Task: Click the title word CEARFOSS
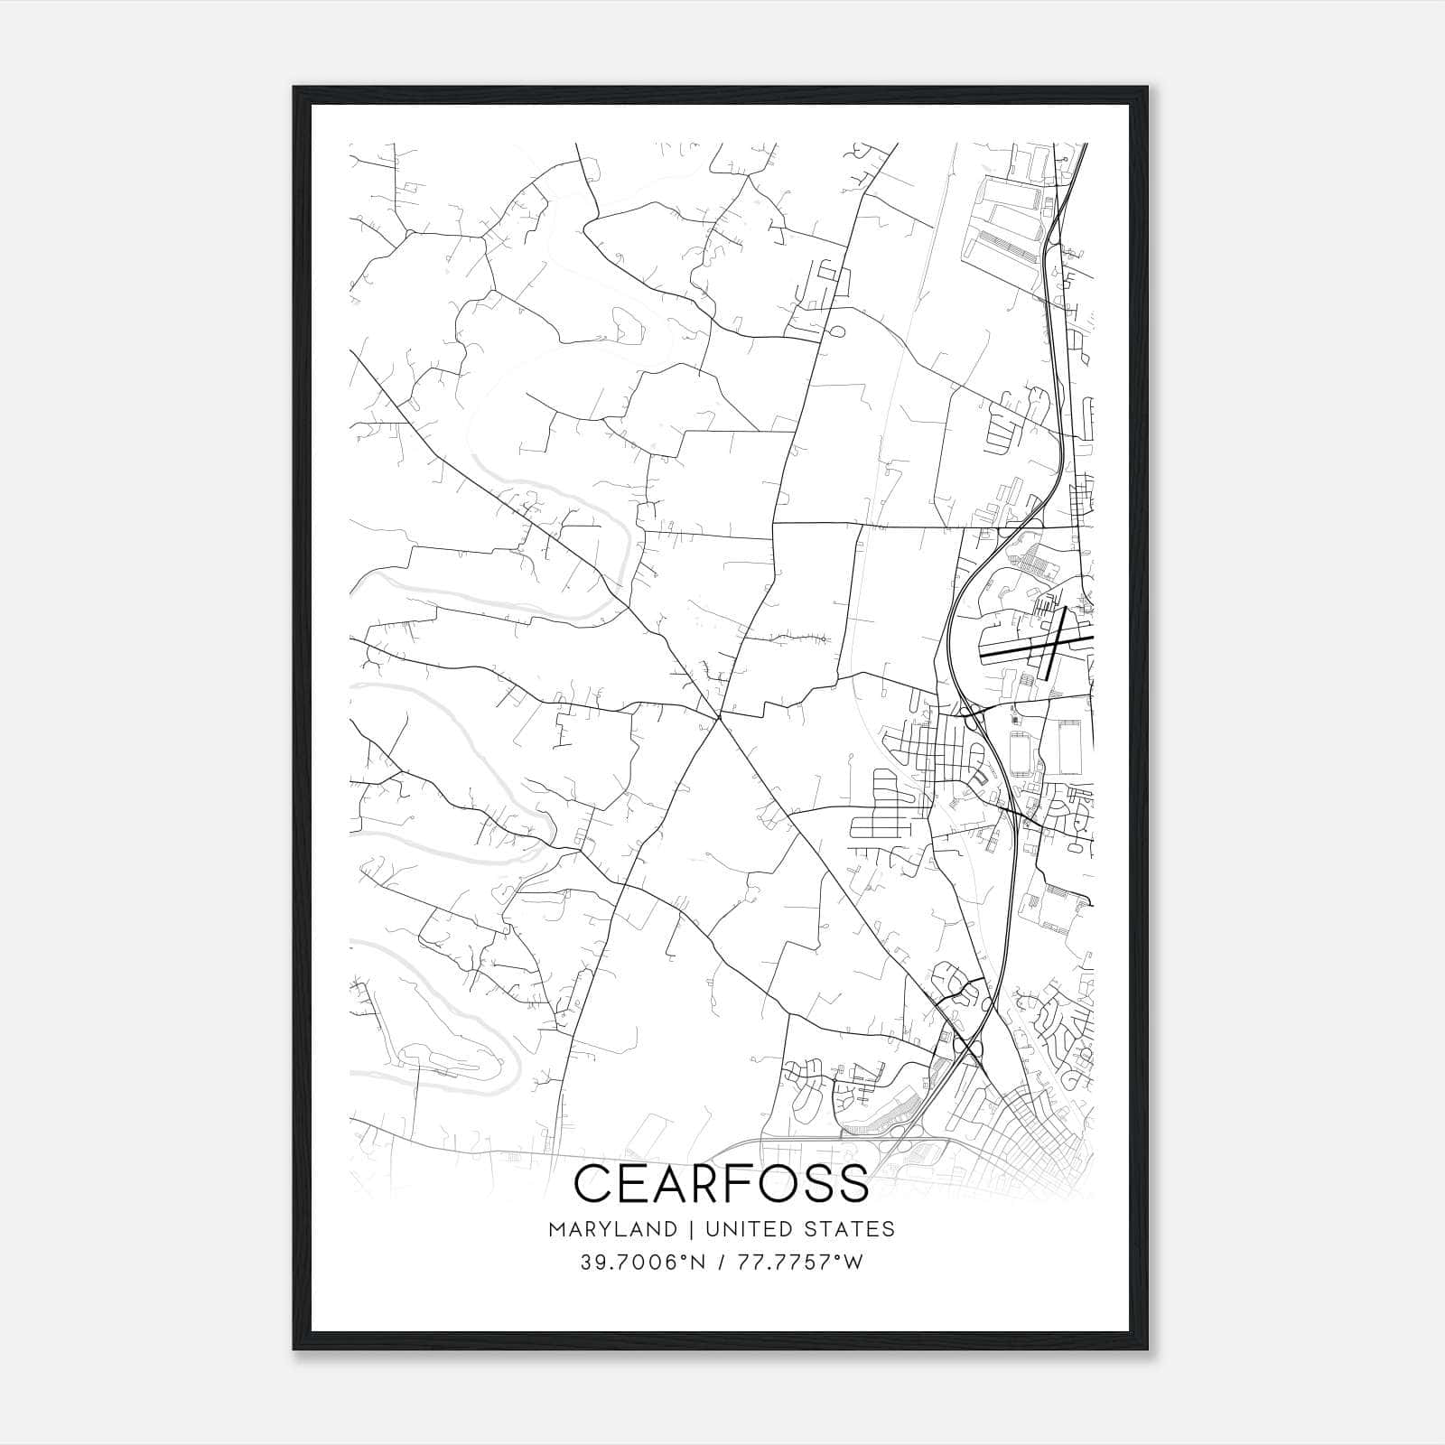coord(722,1183)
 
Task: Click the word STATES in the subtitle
coord(853,1228)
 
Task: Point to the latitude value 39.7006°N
coord(641,1263)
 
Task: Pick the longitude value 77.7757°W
coord(801,1263)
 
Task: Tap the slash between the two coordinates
coord(721,1263)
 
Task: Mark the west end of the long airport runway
coord(982,653)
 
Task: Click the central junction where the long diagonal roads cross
coord(719,717)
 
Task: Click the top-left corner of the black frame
coord(294,88)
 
